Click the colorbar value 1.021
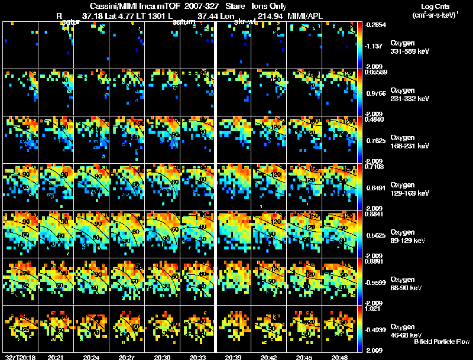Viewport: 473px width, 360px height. pyautogui.click(x=374, y=308)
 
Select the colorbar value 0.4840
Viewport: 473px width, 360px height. pyautogui.click(x=374, y=119)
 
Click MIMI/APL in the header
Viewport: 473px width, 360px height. pyautogui.click(x=305, y=15)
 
